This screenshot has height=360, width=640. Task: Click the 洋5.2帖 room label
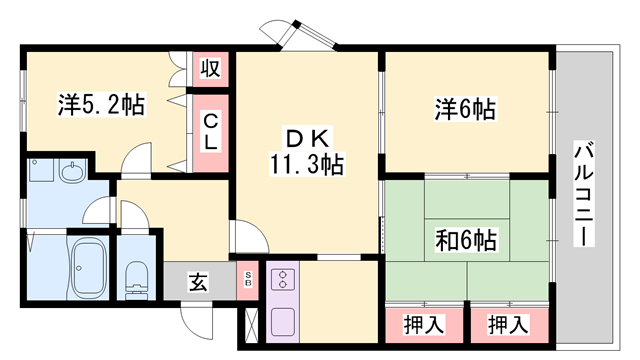[x=101, y=103]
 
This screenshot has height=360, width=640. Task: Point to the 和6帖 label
[x=467, y=239]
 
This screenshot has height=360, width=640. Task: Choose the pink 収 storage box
[x=211, y=69]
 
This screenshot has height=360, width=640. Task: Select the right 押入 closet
[x=508, y=324]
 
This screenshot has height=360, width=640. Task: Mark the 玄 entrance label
[x=199, y=281]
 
